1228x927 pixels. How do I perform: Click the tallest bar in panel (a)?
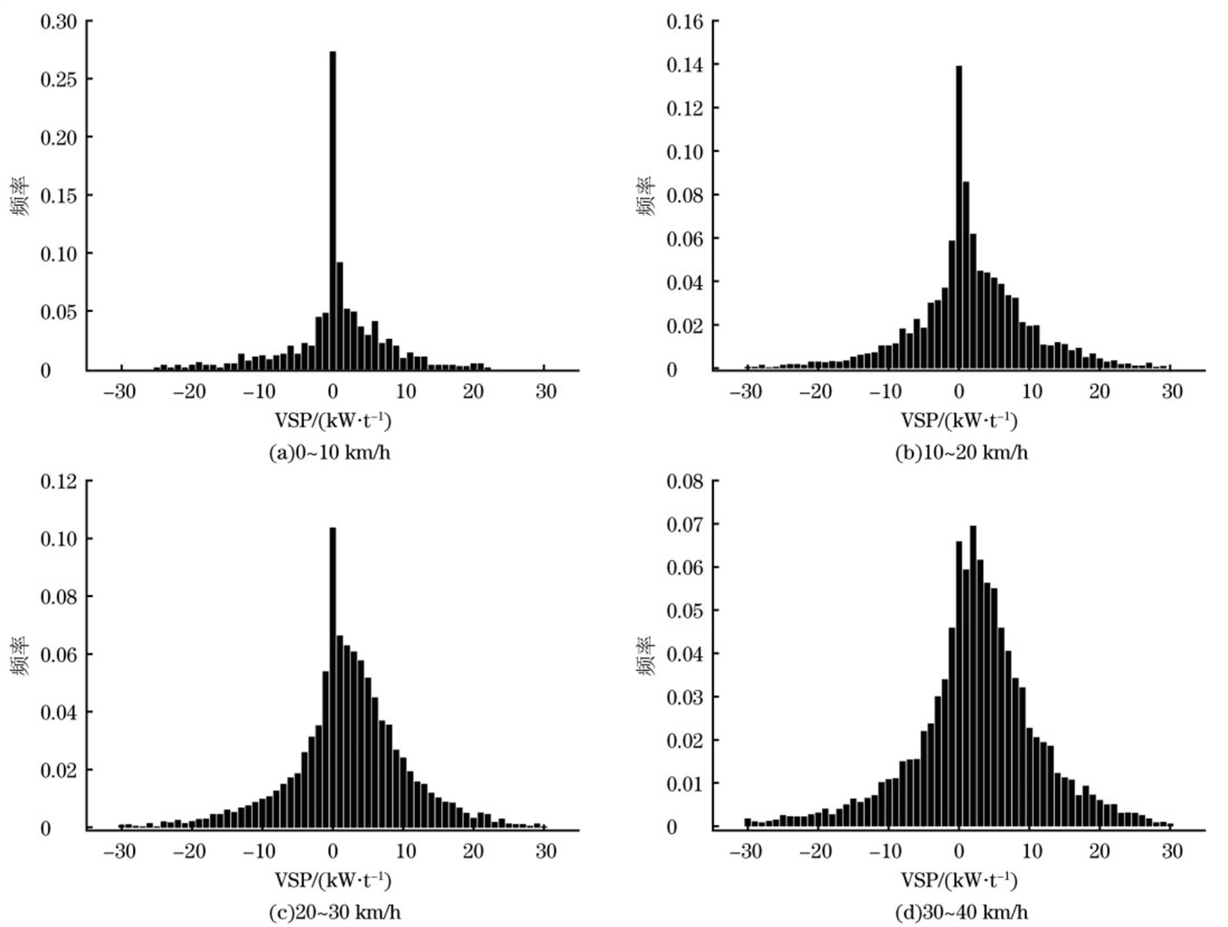[333, 212]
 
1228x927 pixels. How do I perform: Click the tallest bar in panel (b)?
[958, 218]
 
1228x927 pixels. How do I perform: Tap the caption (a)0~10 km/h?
[330, 453]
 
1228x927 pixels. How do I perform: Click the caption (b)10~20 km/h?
[961, 453]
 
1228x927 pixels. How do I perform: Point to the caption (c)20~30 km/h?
[334, 912]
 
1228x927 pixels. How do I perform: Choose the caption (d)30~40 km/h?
[961, 912]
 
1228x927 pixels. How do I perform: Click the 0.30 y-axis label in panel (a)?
[58, 22]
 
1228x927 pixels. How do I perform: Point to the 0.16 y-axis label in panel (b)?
[684, 22]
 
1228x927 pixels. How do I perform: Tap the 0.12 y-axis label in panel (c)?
[58, 481]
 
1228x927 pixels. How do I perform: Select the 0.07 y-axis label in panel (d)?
[684, 525]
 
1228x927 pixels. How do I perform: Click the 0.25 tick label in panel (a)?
[58, 80]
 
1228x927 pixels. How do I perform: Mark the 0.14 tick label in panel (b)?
[684, 65]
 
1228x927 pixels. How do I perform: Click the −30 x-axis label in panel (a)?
[119, 391]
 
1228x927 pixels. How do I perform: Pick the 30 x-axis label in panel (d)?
[1172, 851]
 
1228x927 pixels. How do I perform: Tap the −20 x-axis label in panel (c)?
[189, 851]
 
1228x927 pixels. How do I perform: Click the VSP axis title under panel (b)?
[959, 421]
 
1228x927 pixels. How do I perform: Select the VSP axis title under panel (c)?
[333, 880]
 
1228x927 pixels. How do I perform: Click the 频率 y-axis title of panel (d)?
[646, 655]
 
